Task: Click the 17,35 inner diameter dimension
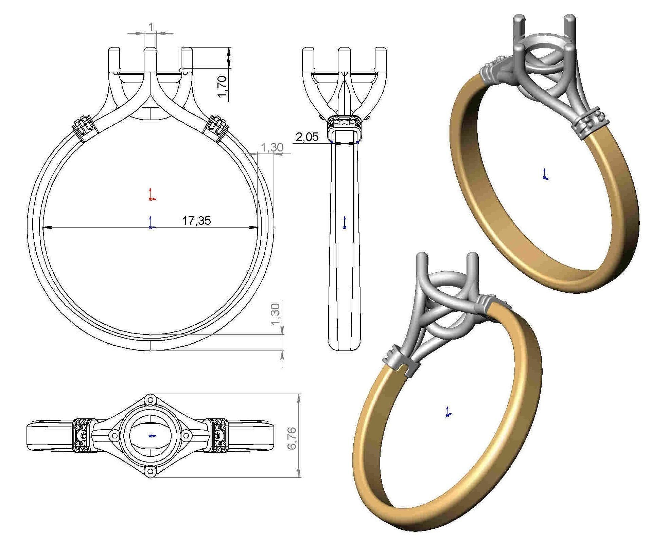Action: pyautogui.click(x=196, y=221)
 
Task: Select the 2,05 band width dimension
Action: pyautogui.click(x=307, y=137)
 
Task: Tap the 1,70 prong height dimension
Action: pyautogui.click(x=222, y=86)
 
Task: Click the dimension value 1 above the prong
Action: pyautogui.click(x=151, y=27)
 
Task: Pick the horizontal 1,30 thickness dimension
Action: pyautogui.click(x=272, y=147)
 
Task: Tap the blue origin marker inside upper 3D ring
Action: pyautogui.click(x=545, y=175)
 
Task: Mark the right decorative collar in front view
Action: pyautogui.click(x=217, y=128)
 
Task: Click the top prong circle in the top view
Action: pyautogui.click(x=150, y=400)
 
